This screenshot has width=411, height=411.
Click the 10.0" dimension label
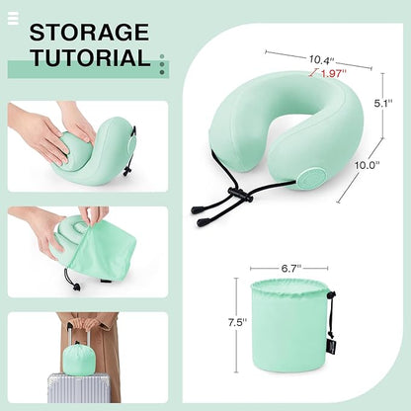point(368,165)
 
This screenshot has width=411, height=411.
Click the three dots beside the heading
point(162,60)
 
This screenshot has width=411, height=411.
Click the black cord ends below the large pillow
point(209,211)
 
